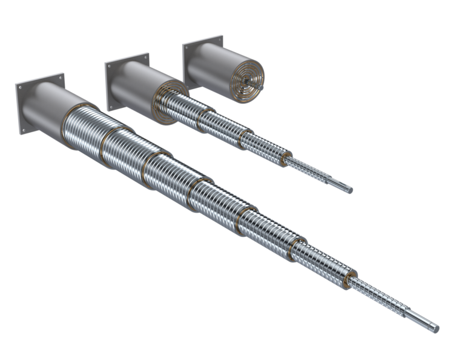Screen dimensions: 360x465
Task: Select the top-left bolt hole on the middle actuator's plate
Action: click(x=109, y=66)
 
